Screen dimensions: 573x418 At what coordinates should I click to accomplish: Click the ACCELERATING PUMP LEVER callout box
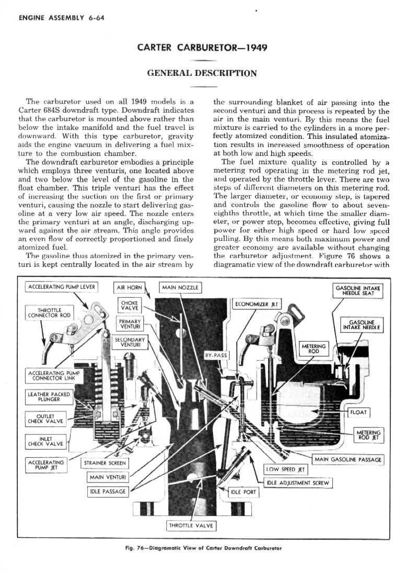pyautogui.click(x=62, y=287)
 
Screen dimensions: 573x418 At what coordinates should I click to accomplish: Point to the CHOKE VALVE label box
pyautogui.click(x=129, y=306)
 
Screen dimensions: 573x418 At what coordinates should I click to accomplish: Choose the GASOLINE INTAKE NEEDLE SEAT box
pyautogui.click(x=358, y=290)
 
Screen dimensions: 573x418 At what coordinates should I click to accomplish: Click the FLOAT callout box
pyautogui.click(x=359, y=412)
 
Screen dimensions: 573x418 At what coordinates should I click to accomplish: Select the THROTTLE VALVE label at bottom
pyautogui.click(x=191, y=525)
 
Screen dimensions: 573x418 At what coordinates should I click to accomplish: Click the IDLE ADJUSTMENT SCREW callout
pyautogui.click(x=297, y=482)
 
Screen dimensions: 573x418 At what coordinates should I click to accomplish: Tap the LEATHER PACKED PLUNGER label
pyautogui.click(x=48, y=397)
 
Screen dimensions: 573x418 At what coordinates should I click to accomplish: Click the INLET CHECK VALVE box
pyautogui.click(x=45, y=441)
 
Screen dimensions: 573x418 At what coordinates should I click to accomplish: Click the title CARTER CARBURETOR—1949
pyautogui.click(x=202, y=48)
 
